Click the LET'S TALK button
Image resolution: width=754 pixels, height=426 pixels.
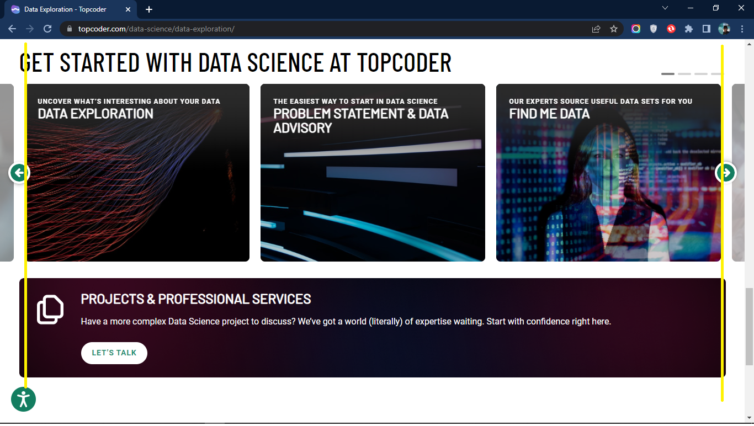(x=114, y=353)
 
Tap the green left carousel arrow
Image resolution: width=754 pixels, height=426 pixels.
(x=19, y=173)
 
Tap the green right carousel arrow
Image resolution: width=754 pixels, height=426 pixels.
(x=726, y=173)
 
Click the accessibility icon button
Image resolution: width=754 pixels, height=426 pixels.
(x=23, y=400)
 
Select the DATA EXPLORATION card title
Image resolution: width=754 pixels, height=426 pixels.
(x=95, y=114)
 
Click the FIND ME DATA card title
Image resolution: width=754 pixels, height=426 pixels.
(x=549, y=114)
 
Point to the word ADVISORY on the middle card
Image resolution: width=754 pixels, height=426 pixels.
(x=302, y=128)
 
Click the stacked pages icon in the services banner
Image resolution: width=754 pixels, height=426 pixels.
(x=50, y=310)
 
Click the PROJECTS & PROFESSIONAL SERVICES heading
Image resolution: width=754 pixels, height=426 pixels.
(x=196, y=299)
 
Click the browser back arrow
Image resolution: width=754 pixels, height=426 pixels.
(x=12, y=29)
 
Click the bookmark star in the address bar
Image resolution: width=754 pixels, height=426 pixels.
(x=614, y=29)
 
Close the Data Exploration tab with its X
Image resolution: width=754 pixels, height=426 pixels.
(x=128, y=9)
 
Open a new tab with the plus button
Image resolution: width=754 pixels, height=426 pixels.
(x=149, y=9)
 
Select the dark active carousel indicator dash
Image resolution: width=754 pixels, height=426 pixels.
(x=668, y=74)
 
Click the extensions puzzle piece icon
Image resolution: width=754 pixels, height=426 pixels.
(x=689, y=29)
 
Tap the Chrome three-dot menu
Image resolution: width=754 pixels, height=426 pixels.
(x=742, y=29)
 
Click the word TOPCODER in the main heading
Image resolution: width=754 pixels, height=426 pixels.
(x=404, y=62)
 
